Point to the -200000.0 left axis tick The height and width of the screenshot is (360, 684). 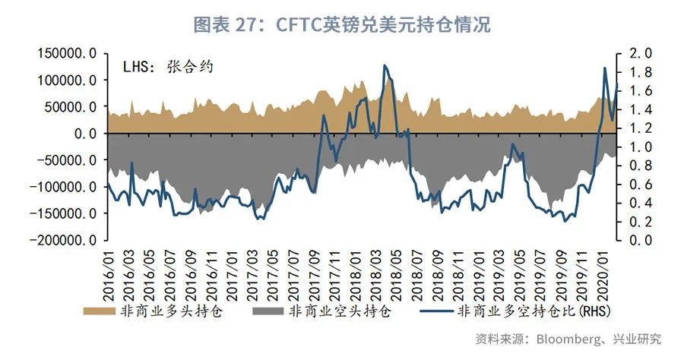click(63, 240)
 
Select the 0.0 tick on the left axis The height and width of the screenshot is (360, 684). click(81, 134)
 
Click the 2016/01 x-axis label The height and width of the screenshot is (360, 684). click(108, 273)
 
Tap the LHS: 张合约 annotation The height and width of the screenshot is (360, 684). click(168, 66)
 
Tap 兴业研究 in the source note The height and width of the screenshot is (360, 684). click(639, 338)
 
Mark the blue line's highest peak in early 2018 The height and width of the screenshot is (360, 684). click(385, 65)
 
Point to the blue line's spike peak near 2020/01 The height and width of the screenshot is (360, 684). click(605, 68)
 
